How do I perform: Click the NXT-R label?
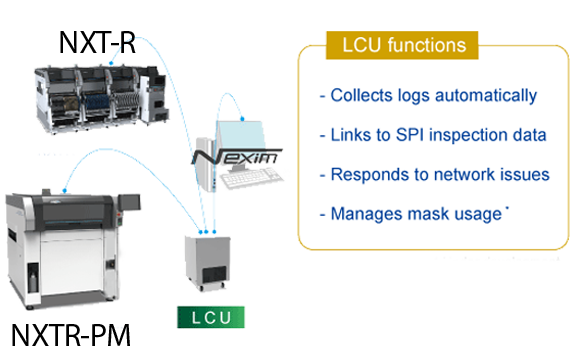97,42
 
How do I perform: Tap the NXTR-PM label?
71,335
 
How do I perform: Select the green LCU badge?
211,317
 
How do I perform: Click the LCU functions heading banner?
402,45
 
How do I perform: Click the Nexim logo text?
237,157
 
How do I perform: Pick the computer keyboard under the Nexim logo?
252,178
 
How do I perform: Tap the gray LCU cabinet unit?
208,263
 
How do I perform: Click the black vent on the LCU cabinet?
215,275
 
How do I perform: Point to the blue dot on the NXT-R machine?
111,63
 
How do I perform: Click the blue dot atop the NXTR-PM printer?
64,190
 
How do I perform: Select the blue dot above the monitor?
242,119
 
